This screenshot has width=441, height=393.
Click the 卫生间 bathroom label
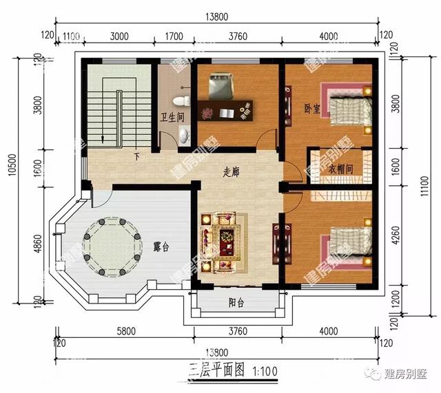172,117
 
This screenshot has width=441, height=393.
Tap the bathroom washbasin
183,134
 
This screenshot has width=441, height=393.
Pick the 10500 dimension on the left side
12,180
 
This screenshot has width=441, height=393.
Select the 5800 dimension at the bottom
125,331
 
